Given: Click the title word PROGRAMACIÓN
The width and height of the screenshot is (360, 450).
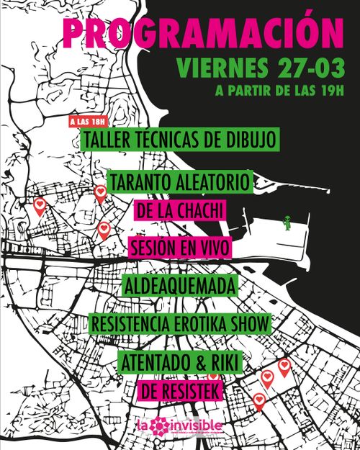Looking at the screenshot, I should click(x=202, y=32).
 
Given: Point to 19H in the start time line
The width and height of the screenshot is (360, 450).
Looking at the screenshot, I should click(x=327, y=91).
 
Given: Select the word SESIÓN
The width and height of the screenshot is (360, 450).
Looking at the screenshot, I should click(x=157, y=248).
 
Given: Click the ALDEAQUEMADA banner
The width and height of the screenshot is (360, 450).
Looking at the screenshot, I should click(x=180, y=286).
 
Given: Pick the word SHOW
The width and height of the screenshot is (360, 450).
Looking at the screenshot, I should click(x=251, y=323).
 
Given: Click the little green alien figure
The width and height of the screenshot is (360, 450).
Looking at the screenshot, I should click(x=287, y=224).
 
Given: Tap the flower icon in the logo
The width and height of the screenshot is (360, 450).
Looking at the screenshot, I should click(x=161, y=427).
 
